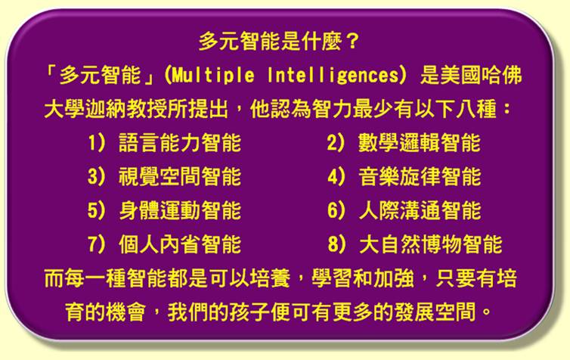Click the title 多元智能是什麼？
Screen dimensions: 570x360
point(279,42)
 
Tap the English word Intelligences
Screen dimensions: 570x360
point(333,76)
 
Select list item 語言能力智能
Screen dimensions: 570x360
point(180,142)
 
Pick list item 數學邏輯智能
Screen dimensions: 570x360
point(419,142)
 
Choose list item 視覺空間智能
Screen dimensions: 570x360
point(180,177)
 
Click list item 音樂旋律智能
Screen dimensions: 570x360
point(420,177)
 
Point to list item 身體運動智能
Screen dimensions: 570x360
point(180,210)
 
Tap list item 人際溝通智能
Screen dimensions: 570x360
point(420,210)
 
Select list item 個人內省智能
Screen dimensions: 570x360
point(180,244)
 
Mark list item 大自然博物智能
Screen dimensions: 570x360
point(430,244)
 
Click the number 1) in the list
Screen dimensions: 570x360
point(97,142)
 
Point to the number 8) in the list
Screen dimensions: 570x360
point(336,244)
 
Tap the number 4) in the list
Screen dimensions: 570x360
point(336,177)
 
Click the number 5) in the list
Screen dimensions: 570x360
point(97,210)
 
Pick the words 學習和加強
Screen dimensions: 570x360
point(363,279)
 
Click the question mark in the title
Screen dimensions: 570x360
point(352,42)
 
